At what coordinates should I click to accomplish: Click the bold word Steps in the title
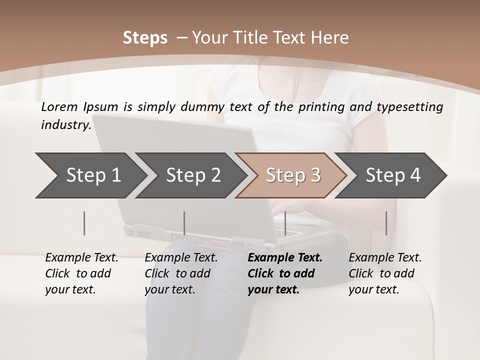click(x=145, y=38)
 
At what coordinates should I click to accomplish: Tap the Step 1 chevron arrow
click(x=91, y=175)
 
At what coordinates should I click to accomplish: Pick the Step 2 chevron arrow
click(x=191, y=175)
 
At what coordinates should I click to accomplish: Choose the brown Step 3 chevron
click(x=291, y=175)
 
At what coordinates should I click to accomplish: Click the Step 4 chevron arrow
click(x=391, y=175)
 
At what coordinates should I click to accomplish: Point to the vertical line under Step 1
click(x=84, y=223)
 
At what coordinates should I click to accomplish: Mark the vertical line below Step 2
click(x=184, y=223)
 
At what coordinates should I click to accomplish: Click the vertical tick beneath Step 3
click(x=285, y=223)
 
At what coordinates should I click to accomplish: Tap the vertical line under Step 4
click(x=386, y=223)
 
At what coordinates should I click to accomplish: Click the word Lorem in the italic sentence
click(x=59, y=107)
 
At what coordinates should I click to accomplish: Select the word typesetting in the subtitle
click(x=410, y=107)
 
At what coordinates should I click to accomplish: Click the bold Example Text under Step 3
click(x=285, y=258)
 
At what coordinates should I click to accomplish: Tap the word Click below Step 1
click(x=57, y=273)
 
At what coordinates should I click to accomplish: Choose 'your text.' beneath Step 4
click(x=374, y=289)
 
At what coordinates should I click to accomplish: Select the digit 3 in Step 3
click(x=316, y=175)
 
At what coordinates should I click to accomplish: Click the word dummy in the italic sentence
click(x=202, y=107)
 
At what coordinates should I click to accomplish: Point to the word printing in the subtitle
click(x=321, y=107)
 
